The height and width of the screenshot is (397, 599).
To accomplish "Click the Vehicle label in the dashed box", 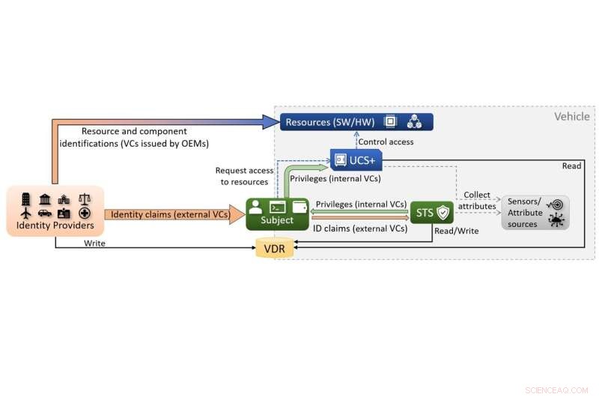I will point(571,116).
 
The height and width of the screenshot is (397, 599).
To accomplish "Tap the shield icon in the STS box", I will point(443,213).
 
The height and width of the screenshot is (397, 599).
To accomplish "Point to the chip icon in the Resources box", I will point(390,121).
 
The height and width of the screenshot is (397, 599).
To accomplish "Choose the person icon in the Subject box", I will point(256,206).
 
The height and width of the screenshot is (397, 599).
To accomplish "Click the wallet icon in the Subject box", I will point(299,206).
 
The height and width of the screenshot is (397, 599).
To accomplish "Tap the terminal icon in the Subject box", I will point(278,206).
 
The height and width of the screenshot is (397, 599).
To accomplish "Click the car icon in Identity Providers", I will point(44,213).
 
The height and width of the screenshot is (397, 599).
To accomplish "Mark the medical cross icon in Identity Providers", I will point(84,213).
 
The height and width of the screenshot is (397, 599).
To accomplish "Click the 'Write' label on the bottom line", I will point(94,243).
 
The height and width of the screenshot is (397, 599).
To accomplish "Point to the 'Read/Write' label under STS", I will point(457,231).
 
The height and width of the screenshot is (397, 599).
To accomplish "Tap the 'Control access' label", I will point(385,142).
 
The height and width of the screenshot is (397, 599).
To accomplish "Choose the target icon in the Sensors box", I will point(556,204).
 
